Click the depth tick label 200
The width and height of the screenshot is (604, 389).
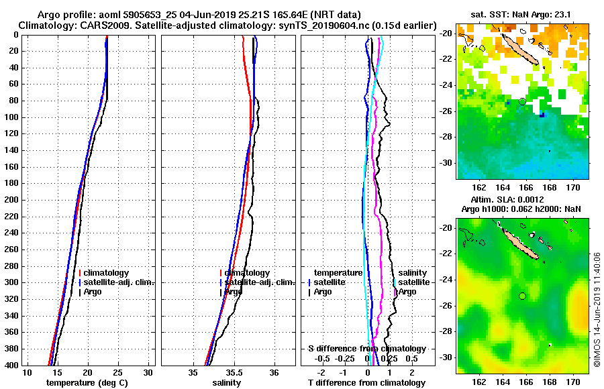pos(11,199)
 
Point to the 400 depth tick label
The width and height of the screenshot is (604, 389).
pos(11,364)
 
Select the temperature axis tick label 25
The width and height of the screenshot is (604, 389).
pos(117,372)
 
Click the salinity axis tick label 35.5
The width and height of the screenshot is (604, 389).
pos(234,372)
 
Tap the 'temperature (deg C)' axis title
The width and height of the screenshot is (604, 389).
pos(87,382)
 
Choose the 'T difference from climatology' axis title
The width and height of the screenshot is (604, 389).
pos(366,382)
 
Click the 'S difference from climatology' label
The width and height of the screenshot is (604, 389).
pos(366,349)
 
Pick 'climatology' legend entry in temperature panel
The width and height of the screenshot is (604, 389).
pos(107,273)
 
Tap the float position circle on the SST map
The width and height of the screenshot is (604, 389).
pos(522,101)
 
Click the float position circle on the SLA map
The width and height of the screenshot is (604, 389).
pos(522,296)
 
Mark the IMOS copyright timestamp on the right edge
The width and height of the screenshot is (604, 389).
pos(597,310)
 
